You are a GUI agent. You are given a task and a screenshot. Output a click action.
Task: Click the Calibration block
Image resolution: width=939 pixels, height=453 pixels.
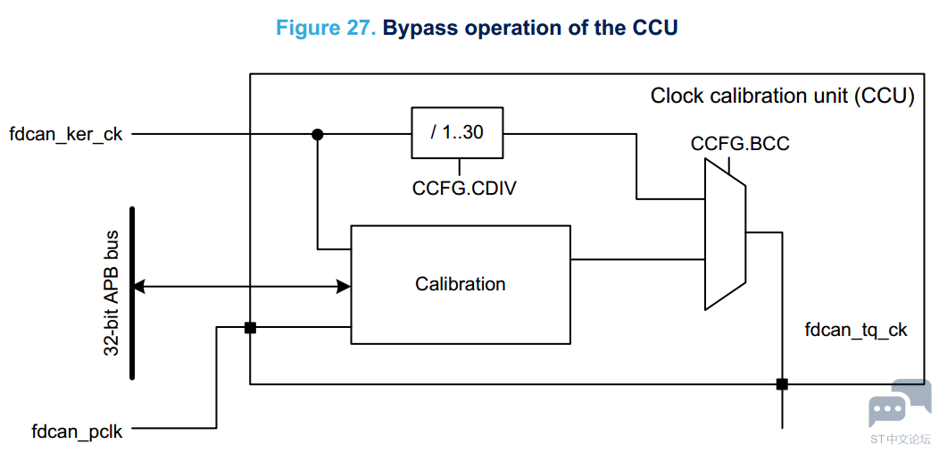click(x=460, y=284)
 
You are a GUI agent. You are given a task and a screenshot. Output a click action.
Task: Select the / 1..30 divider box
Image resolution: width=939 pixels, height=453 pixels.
click(x=457, y=133)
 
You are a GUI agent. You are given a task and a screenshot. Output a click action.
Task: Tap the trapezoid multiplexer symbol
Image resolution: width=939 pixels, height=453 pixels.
click(x=725, y=234)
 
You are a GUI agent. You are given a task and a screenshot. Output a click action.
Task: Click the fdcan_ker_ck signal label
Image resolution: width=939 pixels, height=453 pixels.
click(x=66, y=134)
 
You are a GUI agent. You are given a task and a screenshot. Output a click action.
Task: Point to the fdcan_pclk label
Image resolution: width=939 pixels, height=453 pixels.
click(x=78, y=431)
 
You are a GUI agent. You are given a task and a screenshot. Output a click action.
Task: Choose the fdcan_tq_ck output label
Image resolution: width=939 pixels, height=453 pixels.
click(x=856, y=330)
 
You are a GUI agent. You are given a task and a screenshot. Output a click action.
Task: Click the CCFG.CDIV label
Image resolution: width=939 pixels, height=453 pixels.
click(x=464, y=189)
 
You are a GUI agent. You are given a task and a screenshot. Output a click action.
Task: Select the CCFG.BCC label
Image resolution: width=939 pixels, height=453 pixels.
click(x=740, y=145)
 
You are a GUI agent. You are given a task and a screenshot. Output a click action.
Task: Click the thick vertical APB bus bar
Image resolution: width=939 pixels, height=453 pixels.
click(x=132, y=293)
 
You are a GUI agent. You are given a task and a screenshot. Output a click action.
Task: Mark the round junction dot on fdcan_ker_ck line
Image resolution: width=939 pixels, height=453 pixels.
click(x=318, y=134)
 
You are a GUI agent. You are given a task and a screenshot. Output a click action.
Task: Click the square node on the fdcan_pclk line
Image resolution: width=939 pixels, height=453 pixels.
click(x=250, y=328)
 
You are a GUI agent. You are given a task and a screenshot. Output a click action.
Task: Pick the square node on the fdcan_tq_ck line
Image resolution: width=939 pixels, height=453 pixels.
click(x=782, y=384)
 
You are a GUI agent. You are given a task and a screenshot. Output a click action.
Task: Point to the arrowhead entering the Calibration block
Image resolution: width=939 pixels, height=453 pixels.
click(x=344, y=287)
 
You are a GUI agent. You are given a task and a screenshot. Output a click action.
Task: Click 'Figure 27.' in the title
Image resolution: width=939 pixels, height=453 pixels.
click(x=326, y=29)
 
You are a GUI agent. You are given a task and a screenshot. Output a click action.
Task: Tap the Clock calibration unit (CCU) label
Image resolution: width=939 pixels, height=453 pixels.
click(x=782, y=96)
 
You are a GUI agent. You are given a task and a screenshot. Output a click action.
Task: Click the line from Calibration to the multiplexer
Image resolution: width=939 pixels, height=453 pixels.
click(x=638, y=259)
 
